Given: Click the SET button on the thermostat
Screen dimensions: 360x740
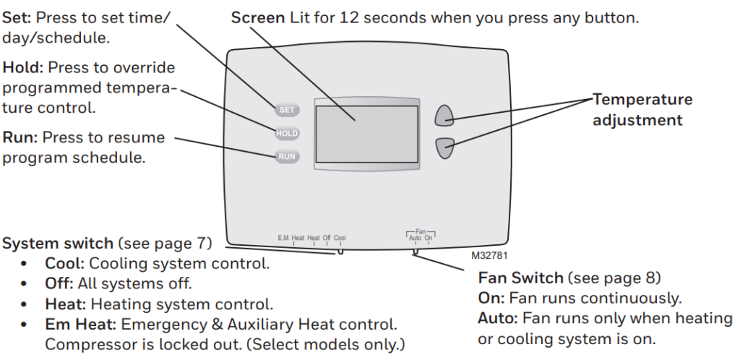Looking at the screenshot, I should click(286, 110).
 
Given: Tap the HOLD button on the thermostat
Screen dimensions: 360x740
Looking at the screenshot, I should click(286, 134).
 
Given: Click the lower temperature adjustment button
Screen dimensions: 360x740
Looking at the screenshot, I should click(444, 147).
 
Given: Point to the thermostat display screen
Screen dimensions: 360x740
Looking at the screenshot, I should click(366, 134).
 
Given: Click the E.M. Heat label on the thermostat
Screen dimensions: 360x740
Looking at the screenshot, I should click(291, 237).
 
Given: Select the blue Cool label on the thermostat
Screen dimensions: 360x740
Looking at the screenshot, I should click(340, 237).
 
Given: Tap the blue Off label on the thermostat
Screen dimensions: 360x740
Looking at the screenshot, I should click(327, 237).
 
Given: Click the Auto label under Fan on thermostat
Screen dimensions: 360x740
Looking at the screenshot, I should click(415, 237).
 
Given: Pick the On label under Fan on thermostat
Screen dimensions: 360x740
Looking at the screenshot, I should click(429, 237).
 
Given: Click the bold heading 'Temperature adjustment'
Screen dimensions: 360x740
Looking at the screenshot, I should click(642, 110).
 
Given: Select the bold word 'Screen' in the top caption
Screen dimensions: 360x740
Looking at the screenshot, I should click(257, 17).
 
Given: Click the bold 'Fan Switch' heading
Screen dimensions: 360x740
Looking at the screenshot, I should click(520, 278).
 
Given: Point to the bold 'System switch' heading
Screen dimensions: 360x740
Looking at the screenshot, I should click(58, 244).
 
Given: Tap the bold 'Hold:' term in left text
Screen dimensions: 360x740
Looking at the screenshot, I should click(23, 68).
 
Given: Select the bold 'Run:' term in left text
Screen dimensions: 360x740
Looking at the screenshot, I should click(21, 137).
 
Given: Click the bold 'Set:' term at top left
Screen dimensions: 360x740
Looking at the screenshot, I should click(18, 17).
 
